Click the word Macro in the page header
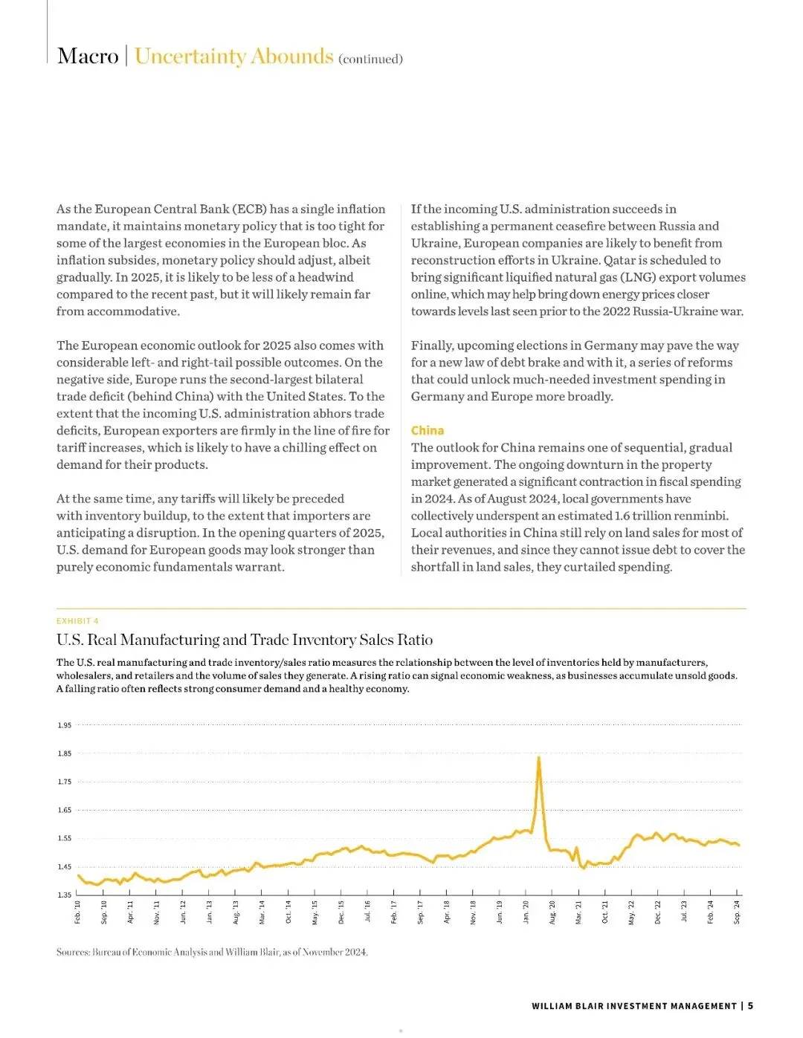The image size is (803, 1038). coord(88,56)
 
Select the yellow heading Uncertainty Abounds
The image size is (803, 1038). coord(233,56)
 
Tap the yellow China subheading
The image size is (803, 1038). coord(428,430)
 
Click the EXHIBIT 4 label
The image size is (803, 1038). coord(77,621)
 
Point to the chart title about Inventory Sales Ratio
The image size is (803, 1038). coord(245,640)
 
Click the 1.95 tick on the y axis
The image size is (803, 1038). coord(65,725)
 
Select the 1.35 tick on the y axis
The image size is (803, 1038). coord(65,895)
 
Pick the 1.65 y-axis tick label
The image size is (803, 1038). coord(65,810)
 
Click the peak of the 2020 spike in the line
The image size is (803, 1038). coord(538,757)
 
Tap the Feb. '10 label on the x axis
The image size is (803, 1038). coord(78,912)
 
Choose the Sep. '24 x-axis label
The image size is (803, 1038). coord(737,912)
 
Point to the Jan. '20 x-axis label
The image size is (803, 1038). coord(526,912)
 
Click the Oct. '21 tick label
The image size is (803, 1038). coord(605,912)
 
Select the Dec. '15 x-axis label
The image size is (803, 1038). coord(341,912)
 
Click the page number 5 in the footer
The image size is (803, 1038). coord(751,1006)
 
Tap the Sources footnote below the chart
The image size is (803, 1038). coord(212,952)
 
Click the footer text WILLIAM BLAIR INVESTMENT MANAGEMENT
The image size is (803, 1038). coord(633,1006)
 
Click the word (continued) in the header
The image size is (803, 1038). coord(370,59)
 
